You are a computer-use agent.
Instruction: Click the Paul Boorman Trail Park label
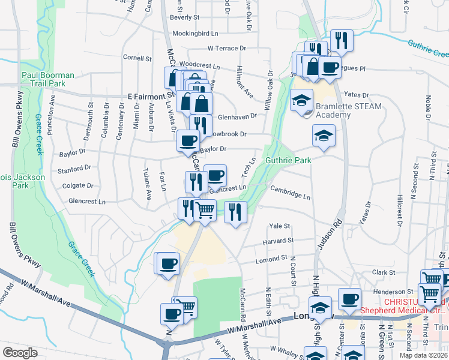click(x=48, y=79)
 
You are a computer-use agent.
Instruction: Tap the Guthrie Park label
click(x=289, y=161)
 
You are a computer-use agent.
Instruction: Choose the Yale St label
click(x=280, y=226)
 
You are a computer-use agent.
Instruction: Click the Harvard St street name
click(x=277, y=241)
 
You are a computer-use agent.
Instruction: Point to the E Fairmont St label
click(x=151, y=96)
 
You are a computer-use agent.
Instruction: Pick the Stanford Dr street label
click(x=74, y=169)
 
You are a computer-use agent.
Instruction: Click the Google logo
click(x=20, y=352)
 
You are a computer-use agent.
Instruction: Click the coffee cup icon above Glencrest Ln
click(x=215, y=175)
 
